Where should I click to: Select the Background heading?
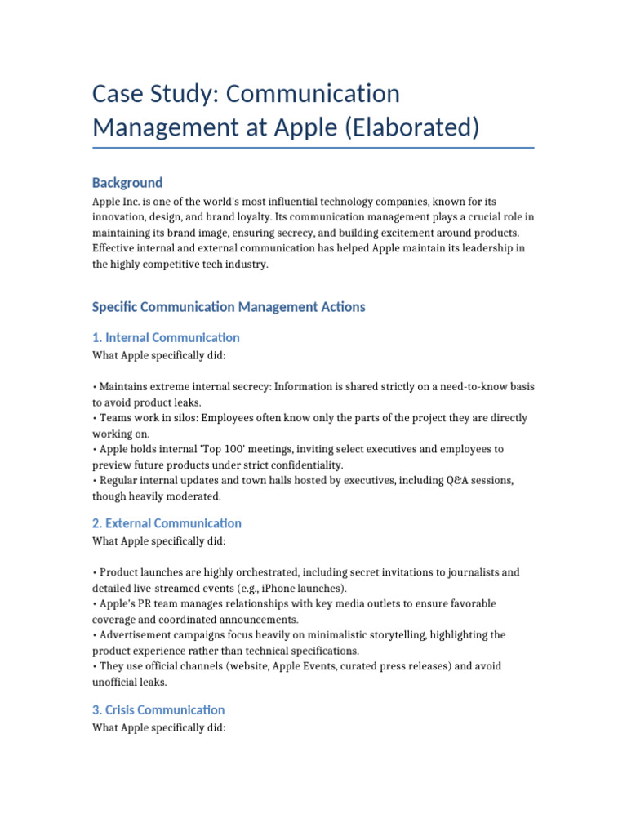pyautogui.click(x=127, y=182)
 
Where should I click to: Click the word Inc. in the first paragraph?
pyautogui.click(x=137, y=201)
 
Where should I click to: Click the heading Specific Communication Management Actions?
pyautogui.click(x=229, y=307)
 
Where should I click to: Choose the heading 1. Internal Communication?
pyautogui.click(x=166, y=337)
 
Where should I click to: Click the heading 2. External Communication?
pyautogui.click(x=167, y=522)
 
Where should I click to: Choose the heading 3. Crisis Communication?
pyautogui.click(x=158, y=709)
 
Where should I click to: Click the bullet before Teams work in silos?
pyautogui.click(x=94, y=417)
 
